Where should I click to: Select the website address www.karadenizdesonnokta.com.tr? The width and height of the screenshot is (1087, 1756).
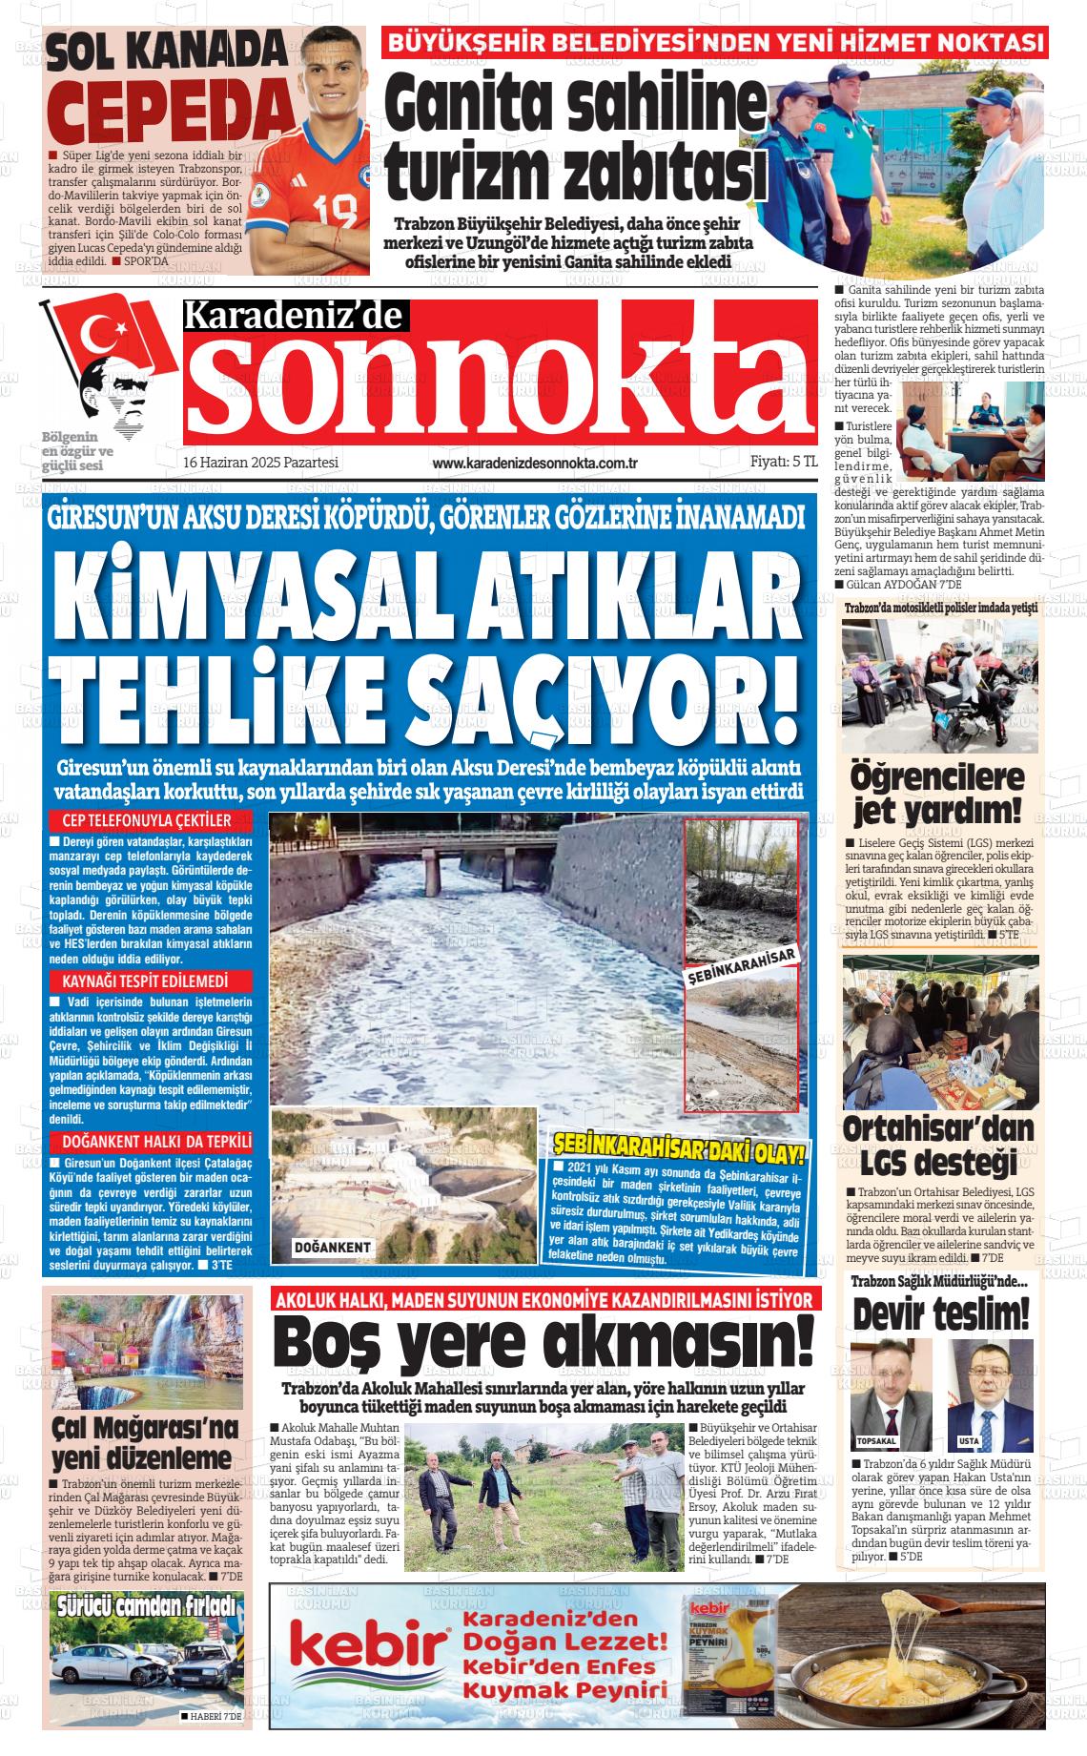pos(534,463)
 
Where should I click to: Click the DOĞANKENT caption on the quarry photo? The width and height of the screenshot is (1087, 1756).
pos(333,1248)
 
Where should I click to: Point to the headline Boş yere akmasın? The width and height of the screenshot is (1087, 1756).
pos(543,1341)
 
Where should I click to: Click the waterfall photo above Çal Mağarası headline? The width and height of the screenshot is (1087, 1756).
pos(146,1354)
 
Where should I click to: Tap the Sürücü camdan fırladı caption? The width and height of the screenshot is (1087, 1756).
pos(146,1604)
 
